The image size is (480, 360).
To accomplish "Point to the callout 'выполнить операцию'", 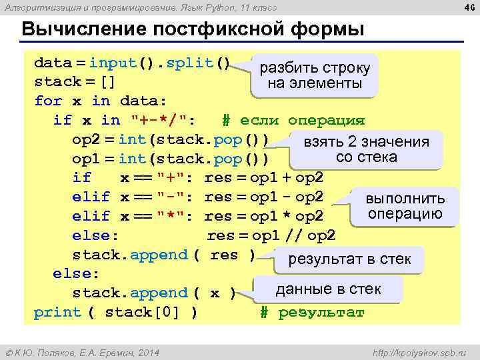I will pyautogui.click(x=405, y=207).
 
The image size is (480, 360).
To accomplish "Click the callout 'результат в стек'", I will pyautogui.click(x=349, y=259).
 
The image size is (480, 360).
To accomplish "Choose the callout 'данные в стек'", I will pyautogui.click(x=328, y=289).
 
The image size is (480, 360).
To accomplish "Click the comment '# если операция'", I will pyautogui.click(x=293, y=121).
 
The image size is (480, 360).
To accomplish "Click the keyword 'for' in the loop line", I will pyautogui.click(x=48, y=101).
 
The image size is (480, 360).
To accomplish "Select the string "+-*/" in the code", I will pyautogui.click(x=164, y=121).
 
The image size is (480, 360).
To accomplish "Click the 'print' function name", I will pyautogui.click(x=57, y=312).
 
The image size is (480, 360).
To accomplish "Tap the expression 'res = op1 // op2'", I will pyautogui.click(x=271, y=235).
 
